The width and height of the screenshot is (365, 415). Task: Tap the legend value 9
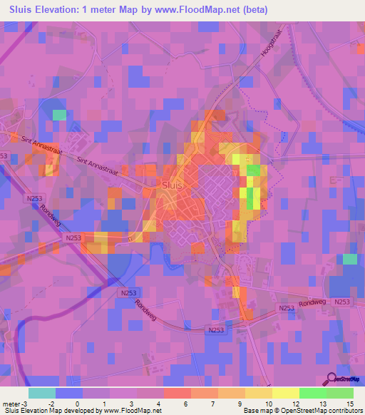coord(247,404)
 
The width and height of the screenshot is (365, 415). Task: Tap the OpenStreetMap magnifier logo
coord(332,379)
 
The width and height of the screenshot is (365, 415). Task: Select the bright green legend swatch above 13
coord(313,393)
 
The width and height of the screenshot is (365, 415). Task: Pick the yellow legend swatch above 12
coord(286,393)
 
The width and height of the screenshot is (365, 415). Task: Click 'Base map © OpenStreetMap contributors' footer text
coord(301,411)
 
